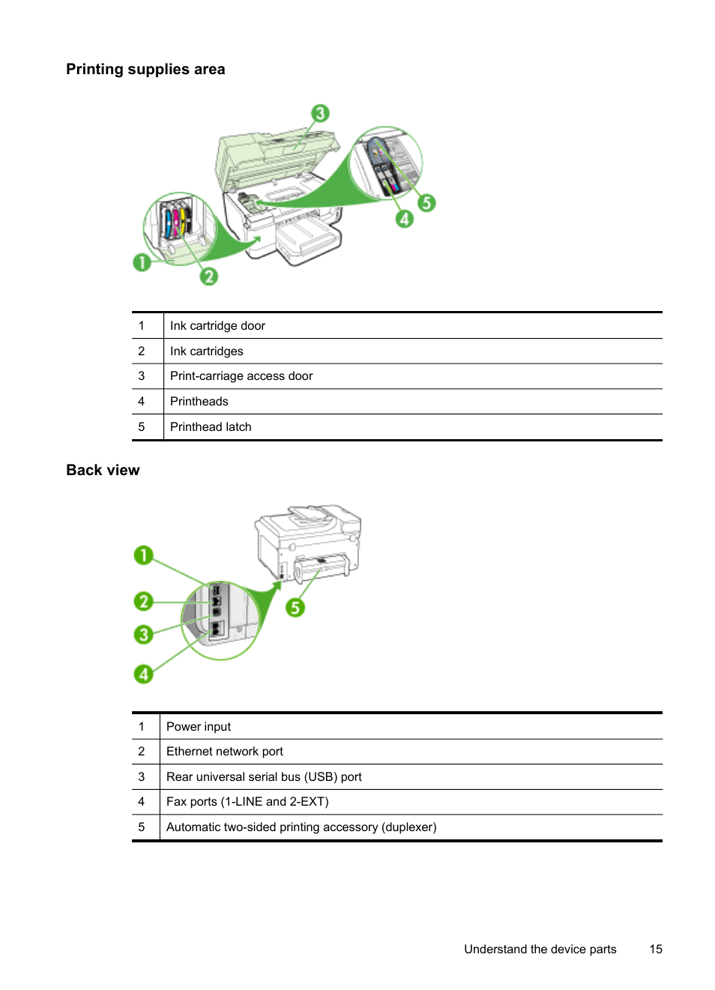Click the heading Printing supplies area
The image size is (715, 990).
tap(145, 70)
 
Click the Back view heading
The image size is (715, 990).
tap(103, 471)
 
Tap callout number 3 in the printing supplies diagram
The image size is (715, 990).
tap(320, 113)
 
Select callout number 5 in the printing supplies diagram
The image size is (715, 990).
tap(426, 202)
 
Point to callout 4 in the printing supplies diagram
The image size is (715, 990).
tap(405, 219)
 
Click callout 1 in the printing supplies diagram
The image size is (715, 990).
tap(142, 262)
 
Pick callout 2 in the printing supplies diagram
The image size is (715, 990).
tap(209, 277)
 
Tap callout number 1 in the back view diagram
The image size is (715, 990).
tap(143, 555)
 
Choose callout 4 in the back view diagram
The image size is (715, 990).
tap(143, 674)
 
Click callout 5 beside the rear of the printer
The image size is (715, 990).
tap(295, 607)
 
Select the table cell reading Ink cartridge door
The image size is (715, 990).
tap(217, 326)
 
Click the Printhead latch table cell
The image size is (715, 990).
tap(211, 427)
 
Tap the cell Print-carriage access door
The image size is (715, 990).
tap(241, 376)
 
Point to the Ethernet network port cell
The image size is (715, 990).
tap(225, 752)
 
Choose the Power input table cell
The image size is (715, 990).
tap(199, 727)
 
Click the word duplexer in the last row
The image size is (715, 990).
tap(408, 827)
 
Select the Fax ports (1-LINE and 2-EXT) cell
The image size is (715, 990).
tap(247, 802)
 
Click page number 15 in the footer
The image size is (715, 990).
tap(656, 950)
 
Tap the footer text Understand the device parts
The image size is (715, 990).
tap(540, 950)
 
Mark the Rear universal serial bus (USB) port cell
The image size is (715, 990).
tap(264, 777)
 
